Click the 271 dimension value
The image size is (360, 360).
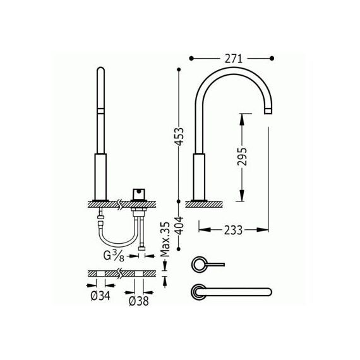coord(233,59)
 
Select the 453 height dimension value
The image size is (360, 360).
coord(179,136)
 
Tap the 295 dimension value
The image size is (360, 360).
coord(242,157)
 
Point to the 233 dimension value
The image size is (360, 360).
coord(233,230)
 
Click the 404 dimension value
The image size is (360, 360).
coord(179,225)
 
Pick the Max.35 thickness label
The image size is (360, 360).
coord(165,239)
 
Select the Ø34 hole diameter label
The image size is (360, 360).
coord(100,296)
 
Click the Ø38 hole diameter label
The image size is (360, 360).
coord(139,301)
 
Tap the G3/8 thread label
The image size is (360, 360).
coord(114,256)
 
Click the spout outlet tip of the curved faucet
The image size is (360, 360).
coord(268,111)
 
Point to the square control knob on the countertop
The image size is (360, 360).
coord(139,195)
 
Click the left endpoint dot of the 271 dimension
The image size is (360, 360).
coord(191,59)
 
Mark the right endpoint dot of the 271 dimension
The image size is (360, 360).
coord(272,59)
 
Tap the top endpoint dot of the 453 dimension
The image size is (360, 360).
coord(179,69)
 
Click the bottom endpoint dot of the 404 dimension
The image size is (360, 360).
coord(179,249)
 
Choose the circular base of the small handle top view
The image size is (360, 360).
coord(198,265)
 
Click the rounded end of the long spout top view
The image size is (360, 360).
coord(269,292)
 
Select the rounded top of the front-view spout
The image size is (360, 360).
coord(101,69)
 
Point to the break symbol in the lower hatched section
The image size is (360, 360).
coord(119,273)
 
